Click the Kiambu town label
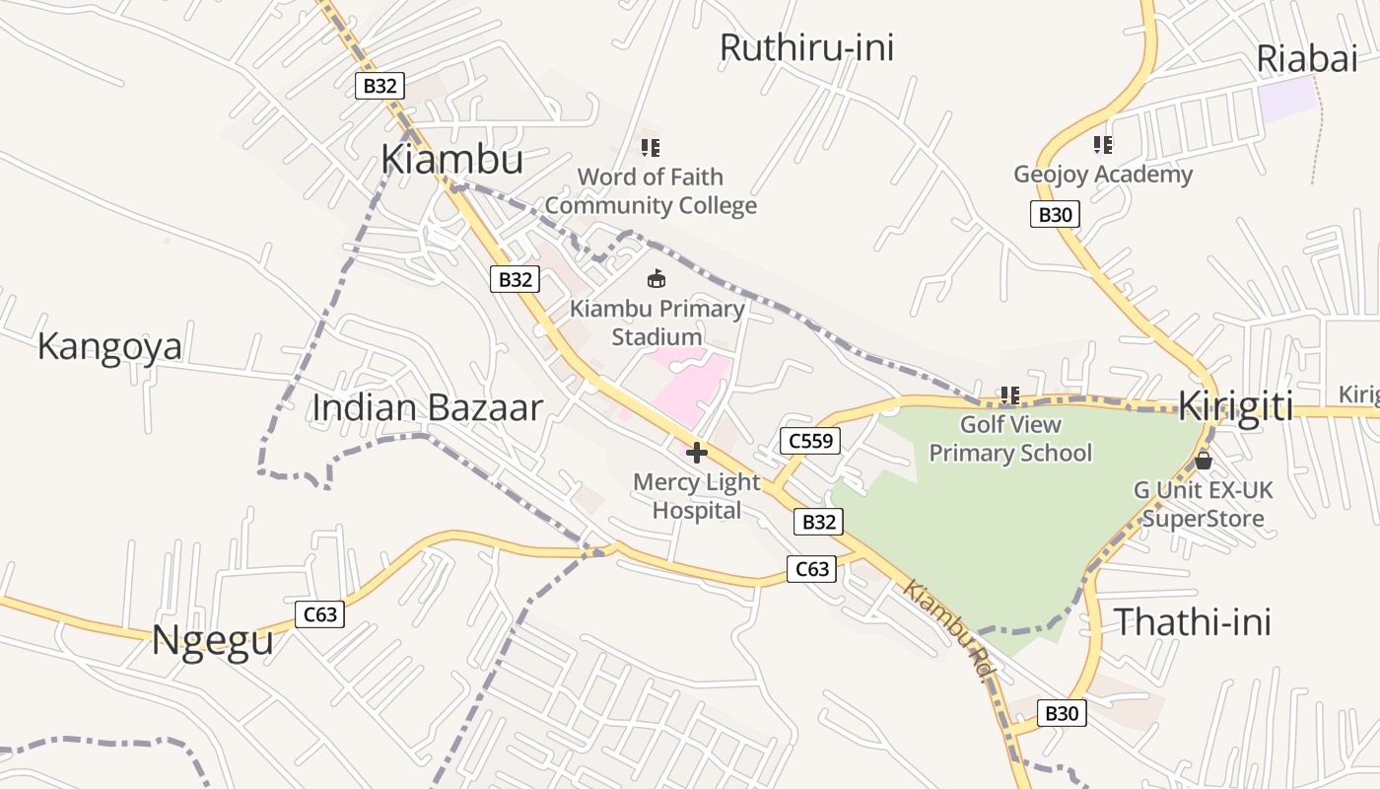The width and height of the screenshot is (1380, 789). [451, 159]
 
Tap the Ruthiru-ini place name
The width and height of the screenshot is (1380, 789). [806, 47]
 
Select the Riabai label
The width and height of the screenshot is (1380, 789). [1307, 59]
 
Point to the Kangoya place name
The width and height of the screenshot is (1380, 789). [109, 347]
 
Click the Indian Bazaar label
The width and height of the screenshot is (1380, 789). [427, 407]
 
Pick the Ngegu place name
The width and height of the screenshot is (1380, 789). [212, 641]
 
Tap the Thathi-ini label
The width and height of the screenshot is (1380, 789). [1192, 622]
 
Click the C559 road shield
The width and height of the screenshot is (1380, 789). [810, 441]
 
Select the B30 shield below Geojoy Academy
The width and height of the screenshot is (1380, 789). [1055, 214]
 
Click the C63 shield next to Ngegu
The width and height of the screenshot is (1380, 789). [319, 614]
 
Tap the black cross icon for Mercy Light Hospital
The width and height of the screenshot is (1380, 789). [697, 453]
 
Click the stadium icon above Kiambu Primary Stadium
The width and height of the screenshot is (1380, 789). [656, 279]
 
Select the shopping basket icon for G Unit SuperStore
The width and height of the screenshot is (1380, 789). [1203, 460]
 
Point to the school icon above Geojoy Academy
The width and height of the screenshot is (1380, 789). [1103, 145]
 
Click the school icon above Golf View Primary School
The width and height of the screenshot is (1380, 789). [1010, 395]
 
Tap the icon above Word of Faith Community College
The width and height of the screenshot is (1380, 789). [651, 148]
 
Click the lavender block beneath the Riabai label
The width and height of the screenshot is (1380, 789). [1287, 100]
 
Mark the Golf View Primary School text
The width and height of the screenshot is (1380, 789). [1010, 439]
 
